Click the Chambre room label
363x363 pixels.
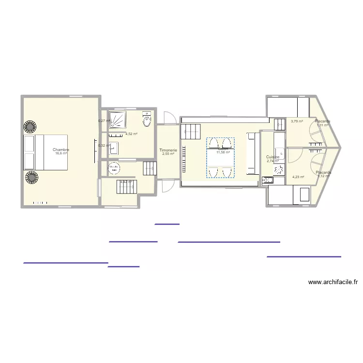[x=61, y=150]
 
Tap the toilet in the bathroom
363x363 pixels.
[x=147, y=118]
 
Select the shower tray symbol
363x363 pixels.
[x=117, y=119]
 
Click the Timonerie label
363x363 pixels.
[x=168, y=151]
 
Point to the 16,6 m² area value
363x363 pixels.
[x=61, y=153]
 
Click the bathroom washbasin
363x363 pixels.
[x=114, y=148]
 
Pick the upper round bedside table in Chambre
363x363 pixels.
[x=30, y=127]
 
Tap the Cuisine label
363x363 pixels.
[x=272, y=157]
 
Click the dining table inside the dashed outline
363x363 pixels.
[x=221, y=158]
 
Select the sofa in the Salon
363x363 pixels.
[x=251, y=154]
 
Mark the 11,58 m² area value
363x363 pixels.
[x=223, y=152]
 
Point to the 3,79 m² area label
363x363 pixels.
[x=297, y=121]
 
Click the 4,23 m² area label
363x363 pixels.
[x=298, y=177]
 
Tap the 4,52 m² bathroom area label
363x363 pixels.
[x=132, y=134]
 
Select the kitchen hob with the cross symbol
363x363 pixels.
[x=279, y=169]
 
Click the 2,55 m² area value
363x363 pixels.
[x=168, y=154]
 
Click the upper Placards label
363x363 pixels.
[x=322, y=121]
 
